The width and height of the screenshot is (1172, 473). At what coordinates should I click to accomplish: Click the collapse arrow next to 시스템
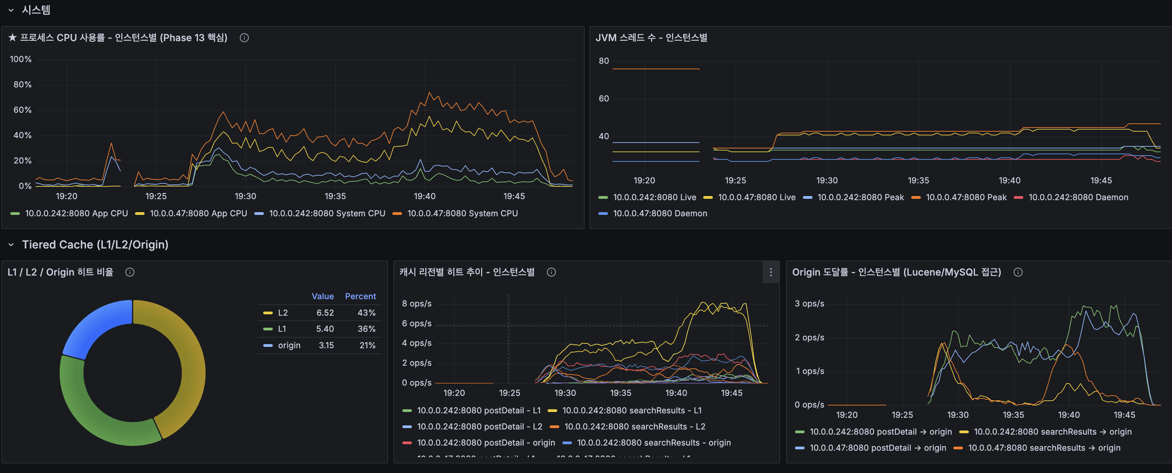(11, 10)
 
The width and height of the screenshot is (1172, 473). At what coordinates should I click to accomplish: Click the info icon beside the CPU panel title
(244, 38)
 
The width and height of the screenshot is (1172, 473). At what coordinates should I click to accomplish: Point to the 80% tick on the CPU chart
(22, 85)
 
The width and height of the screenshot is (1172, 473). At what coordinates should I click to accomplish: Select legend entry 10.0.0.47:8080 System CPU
(462, 213)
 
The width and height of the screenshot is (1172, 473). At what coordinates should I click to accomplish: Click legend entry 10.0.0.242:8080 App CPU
(76, 213)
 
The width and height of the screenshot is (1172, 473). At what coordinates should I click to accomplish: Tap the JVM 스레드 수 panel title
(651, 38)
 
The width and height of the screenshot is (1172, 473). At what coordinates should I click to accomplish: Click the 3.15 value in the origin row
(326, 345)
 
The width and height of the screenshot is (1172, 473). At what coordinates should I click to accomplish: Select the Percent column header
(360, 296)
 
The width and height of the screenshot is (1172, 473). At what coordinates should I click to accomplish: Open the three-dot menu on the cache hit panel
(770, 272)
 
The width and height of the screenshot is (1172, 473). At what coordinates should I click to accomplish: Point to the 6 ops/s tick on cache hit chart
(416, 323)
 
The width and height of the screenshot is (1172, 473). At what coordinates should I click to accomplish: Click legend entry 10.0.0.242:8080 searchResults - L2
(634, 427)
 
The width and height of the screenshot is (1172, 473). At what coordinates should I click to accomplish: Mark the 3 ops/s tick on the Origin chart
(809, 304)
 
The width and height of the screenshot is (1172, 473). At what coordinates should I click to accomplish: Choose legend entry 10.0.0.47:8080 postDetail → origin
(877, 448)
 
